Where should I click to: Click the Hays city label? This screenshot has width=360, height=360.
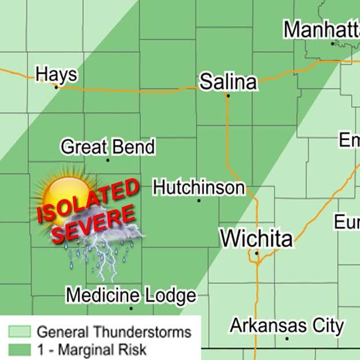tap(56, 75)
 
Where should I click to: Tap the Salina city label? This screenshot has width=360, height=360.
tap(228, 82)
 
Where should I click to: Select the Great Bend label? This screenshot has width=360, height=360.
tap(108, 147)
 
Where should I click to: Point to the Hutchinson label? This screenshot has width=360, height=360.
tap(199, 188)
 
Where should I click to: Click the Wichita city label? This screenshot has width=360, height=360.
tap(256, 238)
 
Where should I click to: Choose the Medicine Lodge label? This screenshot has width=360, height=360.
tap(130, 296)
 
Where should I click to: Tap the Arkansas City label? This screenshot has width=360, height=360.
tap(287, 325)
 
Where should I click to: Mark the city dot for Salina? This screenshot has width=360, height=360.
tap(228, 96)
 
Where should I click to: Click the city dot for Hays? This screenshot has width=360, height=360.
tap(56, 87)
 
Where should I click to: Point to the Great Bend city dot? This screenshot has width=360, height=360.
tap(108, 160)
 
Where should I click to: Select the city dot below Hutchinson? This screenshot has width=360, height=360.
tap(199, 201)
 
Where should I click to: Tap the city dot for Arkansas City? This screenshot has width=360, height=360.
tap(287, 339)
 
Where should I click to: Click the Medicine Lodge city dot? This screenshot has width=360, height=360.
tap(131, 308)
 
